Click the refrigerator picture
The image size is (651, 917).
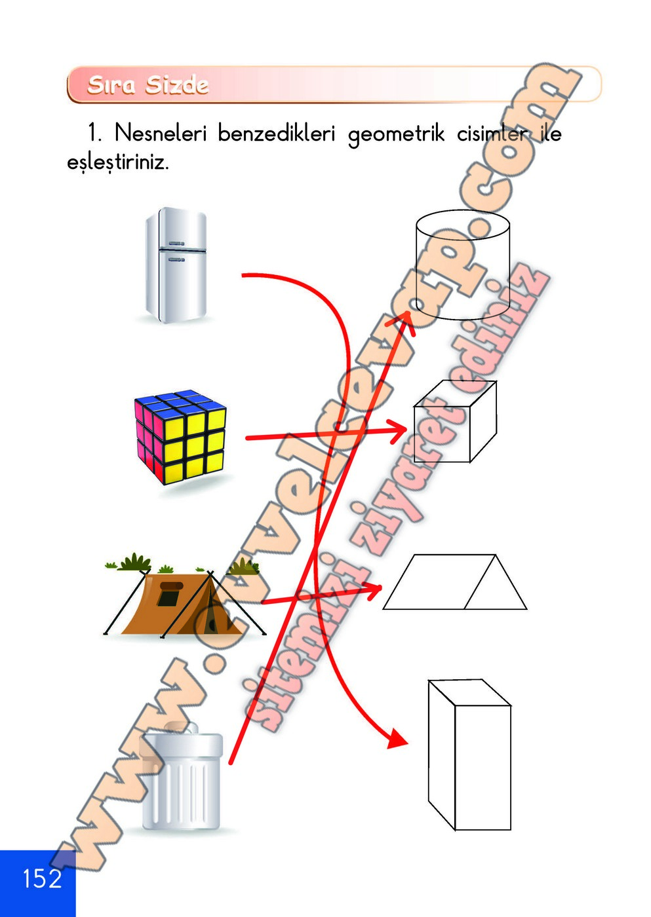click(176, 265)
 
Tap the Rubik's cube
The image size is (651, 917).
click(181, 436)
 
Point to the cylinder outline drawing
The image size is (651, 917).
click(463, 265)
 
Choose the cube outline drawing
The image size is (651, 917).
click(454, 422)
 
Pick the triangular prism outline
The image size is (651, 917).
click(455, 582)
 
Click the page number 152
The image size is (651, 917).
click(42, 878)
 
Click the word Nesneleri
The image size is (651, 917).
click(161, 134)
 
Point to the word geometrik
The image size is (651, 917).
click(396, 135)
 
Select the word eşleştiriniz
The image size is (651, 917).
click(118, 162)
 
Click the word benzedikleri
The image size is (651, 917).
click(276, 134)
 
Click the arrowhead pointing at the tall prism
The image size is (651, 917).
click(396, 738)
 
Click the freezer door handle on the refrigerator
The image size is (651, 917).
click(177, 244)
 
